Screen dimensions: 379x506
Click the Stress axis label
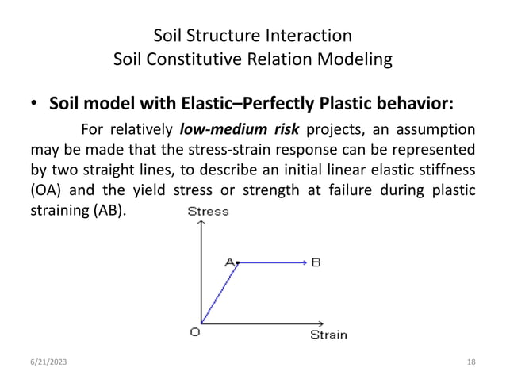208,212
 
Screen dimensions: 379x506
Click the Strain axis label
328,335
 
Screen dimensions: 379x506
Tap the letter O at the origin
194,333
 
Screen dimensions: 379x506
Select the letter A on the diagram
229,262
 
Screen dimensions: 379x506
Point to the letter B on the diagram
316,262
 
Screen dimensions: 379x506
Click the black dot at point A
238,262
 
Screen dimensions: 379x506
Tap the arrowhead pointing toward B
304,262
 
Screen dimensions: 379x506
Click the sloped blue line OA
220,293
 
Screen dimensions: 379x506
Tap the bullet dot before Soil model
36,105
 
